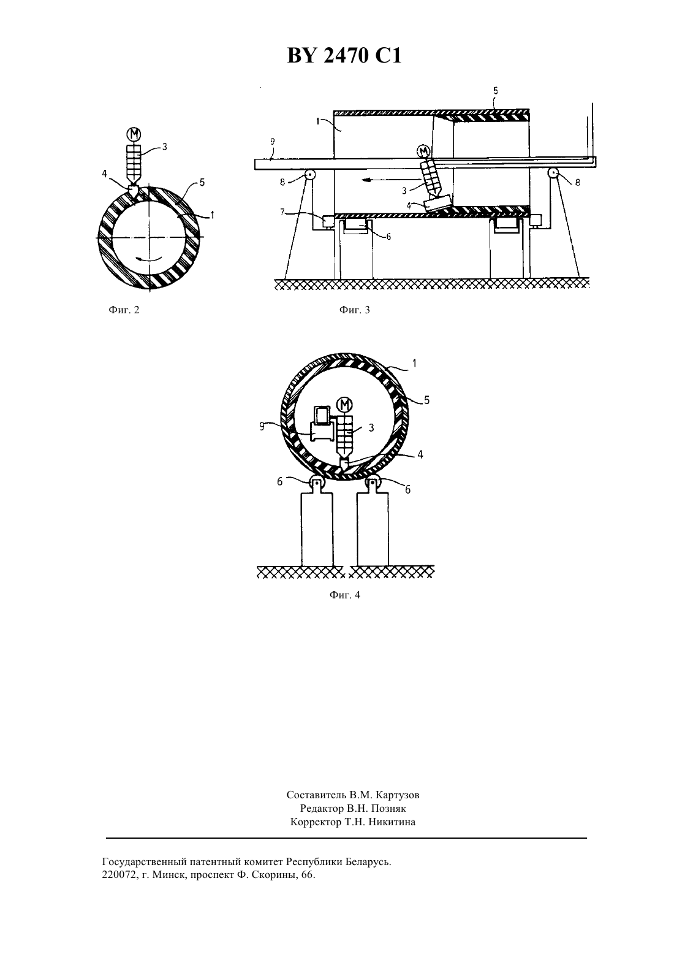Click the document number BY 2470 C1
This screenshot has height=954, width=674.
[344, 56]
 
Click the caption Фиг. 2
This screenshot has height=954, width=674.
[124, 310]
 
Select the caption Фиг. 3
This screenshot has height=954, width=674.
[354, 310]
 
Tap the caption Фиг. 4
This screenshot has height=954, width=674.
[344, 595]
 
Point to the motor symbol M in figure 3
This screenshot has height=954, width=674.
[423, 151]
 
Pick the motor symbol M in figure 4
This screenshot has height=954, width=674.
[344, 404]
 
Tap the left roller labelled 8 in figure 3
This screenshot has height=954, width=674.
[308, 174]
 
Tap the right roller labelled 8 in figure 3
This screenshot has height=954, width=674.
[553, 174]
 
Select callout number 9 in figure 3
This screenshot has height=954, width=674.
[273, 142]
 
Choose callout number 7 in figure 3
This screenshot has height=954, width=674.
[282, 212]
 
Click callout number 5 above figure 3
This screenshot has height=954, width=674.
[495, 91]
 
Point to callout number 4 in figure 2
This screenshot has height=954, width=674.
[104, 174]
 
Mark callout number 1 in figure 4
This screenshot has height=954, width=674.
[414, 364]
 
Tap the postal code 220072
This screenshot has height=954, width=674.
[117, 876]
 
